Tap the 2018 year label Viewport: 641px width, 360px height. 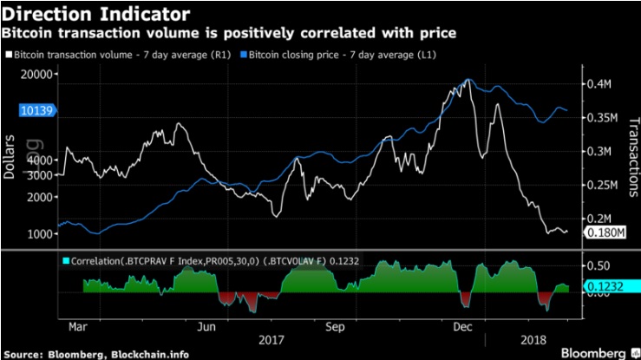pyautogui.click(x=530, y=340)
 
